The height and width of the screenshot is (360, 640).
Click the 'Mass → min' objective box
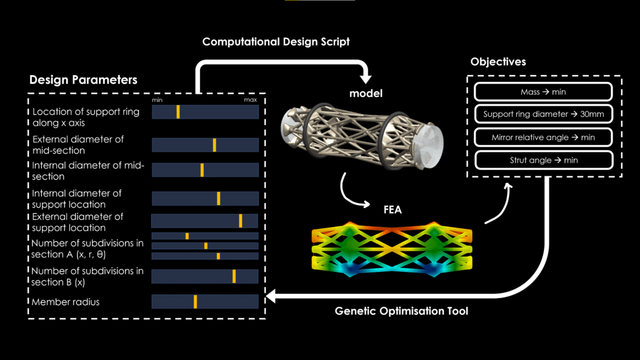pyautogui.click(x=542, y=92)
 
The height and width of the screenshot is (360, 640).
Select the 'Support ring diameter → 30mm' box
pyautogui.click(x=542, y=114)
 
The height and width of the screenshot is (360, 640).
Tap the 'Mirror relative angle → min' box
pyautogui.click(x=542, y=137)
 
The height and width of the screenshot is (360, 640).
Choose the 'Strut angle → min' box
pyautogui.click(x=542, y=160)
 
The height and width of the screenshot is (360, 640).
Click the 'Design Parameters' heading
pyautogui.click(x=83, y=80)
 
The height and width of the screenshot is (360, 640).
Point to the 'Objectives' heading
pyautogui.click(x=498, y=62)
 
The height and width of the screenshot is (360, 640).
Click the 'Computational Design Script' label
pyautogui.click(x=276, y=42)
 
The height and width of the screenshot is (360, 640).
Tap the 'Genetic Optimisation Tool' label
pyautogui.click(x=401, y=311)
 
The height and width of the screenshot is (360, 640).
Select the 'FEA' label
pyautogui.click(x=392, y=209)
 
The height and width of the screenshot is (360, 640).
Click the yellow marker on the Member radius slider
pyautogui.click(x=195, y=302)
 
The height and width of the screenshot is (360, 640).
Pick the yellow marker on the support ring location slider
pyautogui.click(x=178, y=112)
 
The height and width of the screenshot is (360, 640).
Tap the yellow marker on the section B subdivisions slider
pyautogui.click(x=234, y=276)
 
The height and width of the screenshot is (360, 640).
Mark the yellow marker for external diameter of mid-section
pyautogui.click(x=214, y=145)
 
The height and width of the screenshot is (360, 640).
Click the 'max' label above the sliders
pyautogui.click(x=250, y=100)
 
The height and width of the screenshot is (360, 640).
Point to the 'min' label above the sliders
pyautogui.click(x=157, y=100)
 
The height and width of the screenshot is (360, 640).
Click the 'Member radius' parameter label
pyautogui.click(x=66, y=302)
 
